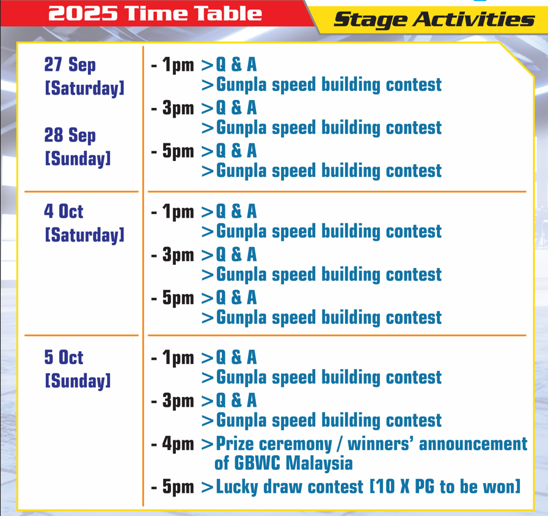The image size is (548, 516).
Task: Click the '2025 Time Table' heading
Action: [x=155, y=13]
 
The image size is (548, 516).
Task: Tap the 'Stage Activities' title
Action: [x=434, y=20]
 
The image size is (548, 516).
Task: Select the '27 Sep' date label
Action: [x=70, y=65]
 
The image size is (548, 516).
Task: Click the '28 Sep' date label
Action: [x=70, y=135]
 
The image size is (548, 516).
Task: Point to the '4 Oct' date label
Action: [x=64, y=211]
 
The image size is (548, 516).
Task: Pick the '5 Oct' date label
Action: [x=64, y=357]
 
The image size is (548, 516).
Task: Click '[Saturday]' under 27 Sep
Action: [x=84, y=88]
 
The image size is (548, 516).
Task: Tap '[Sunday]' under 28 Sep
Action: [x=78, y=159]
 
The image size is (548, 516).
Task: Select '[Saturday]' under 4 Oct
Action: [x=84, y=235]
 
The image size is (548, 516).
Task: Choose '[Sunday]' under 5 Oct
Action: [x=78, y=381]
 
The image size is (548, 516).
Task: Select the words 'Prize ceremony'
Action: [x=274, y=445]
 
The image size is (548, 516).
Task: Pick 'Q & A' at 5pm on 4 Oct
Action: [x=236, y=298]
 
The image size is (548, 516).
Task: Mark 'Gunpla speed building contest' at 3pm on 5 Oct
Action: [x=329, y=421]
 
